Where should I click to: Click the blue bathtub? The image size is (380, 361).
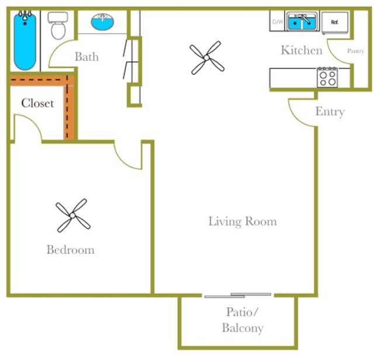coord(25,41)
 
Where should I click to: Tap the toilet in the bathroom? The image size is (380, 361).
coord(58,26)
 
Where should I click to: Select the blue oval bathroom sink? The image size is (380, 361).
coord(102,22)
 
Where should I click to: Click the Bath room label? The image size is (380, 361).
coord(87,57)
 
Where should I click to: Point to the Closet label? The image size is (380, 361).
coord(37,103)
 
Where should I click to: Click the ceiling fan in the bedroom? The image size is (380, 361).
coord(72,215)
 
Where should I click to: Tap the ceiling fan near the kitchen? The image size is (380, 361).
coord(207,58)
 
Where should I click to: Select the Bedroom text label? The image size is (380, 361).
coord(71,249)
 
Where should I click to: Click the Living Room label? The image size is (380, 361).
coord(243,221)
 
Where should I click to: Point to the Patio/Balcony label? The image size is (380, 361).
coord(243,320)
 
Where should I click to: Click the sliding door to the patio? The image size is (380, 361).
coord(238,295)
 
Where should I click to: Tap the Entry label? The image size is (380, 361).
coord(330,112)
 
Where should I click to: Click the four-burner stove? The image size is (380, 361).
coord(327,77)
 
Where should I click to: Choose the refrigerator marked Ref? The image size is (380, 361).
coord(335,22)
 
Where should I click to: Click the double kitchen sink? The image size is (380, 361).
coord(302,22)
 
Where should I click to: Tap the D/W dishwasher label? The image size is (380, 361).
coord(278,22)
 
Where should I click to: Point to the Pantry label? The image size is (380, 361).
coord(355,51)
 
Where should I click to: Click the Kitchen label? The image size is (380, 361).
coord(302,50)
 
